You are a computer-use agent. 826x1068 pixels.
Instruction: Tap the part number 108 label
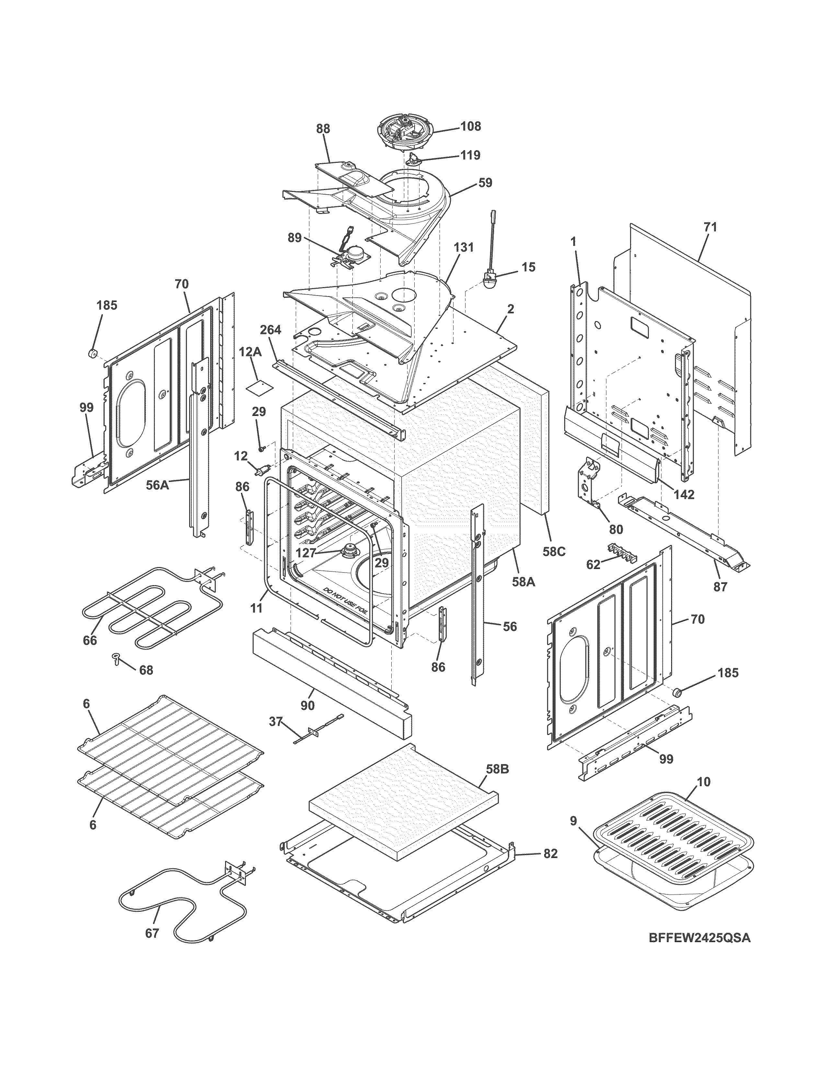point(470,126)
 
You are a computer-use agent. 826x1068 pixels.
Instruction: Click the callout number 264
point(270,330)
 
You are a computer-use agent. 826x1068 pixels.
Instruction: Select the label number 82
point(550,854)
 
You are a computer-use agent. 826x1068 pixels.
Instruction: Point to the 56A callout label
point(157,485)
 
